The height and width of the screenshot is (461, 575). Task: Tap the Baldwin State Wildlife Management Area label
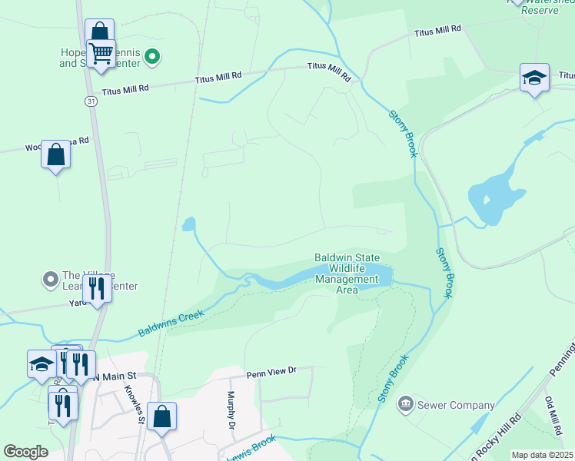[347, 274]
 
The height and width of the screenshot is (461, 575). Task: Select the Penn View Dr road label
[271, 373]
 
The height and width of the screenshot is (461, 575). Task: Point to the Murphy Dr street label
[230, 410]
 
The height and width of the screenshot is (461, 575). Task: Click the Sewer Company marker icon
[406, 403]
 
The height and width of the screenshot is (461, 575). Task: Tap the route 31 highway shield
[91, 101]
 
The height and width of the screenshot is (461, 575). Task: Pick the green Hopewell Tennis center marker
[152, 55]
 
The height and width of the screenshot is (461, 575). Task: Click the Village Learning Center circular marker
[51, 279]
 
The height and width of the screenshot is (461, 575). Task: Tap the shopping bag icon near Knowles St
[161, 417]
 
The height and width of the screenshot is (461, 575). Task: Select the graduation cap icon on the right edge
[534, 78]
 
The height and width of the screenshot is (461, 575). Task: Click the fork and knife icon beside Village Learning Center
[97, 288]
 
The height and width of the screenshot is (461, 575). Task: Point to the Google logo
[25, 452]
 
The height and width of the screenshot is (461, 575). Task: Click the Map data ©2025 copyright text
[542, 455]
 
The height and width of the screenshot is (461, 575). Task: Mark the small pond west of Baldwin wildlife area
[188, 224]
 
